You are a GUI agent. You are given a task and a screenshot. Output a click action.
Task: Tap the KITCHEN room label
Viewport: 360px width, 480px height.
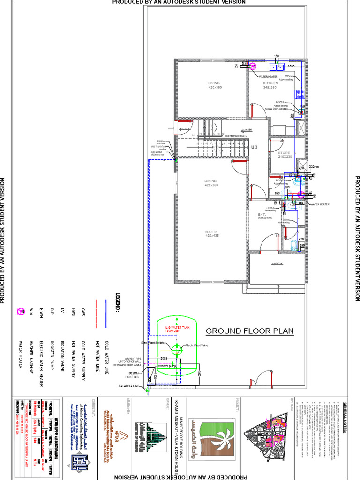tap(270, 83)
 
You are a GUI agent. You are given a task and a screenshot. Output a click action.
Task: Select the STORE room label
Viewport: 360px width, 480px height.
tap(285, 153)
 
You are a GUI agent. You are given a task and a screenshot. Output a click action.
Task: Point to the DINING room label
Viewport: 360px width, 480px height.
tap(211, 181)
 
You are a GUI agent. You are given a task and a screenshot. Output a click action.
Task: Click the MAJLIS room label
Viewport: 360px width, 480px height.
tap(211, 232)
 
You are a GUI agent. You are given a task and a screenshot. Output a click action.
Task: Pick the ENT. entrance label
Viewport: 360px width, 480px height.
tap(262, 214)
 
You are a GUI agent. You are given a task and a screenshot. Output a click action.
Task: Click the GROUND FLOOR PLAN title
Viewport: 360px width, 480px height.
tap(250, 331)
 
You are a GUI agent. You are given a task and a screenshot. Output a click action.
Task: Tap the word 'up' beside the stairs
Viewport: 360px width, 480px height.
tap(255, 147)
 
